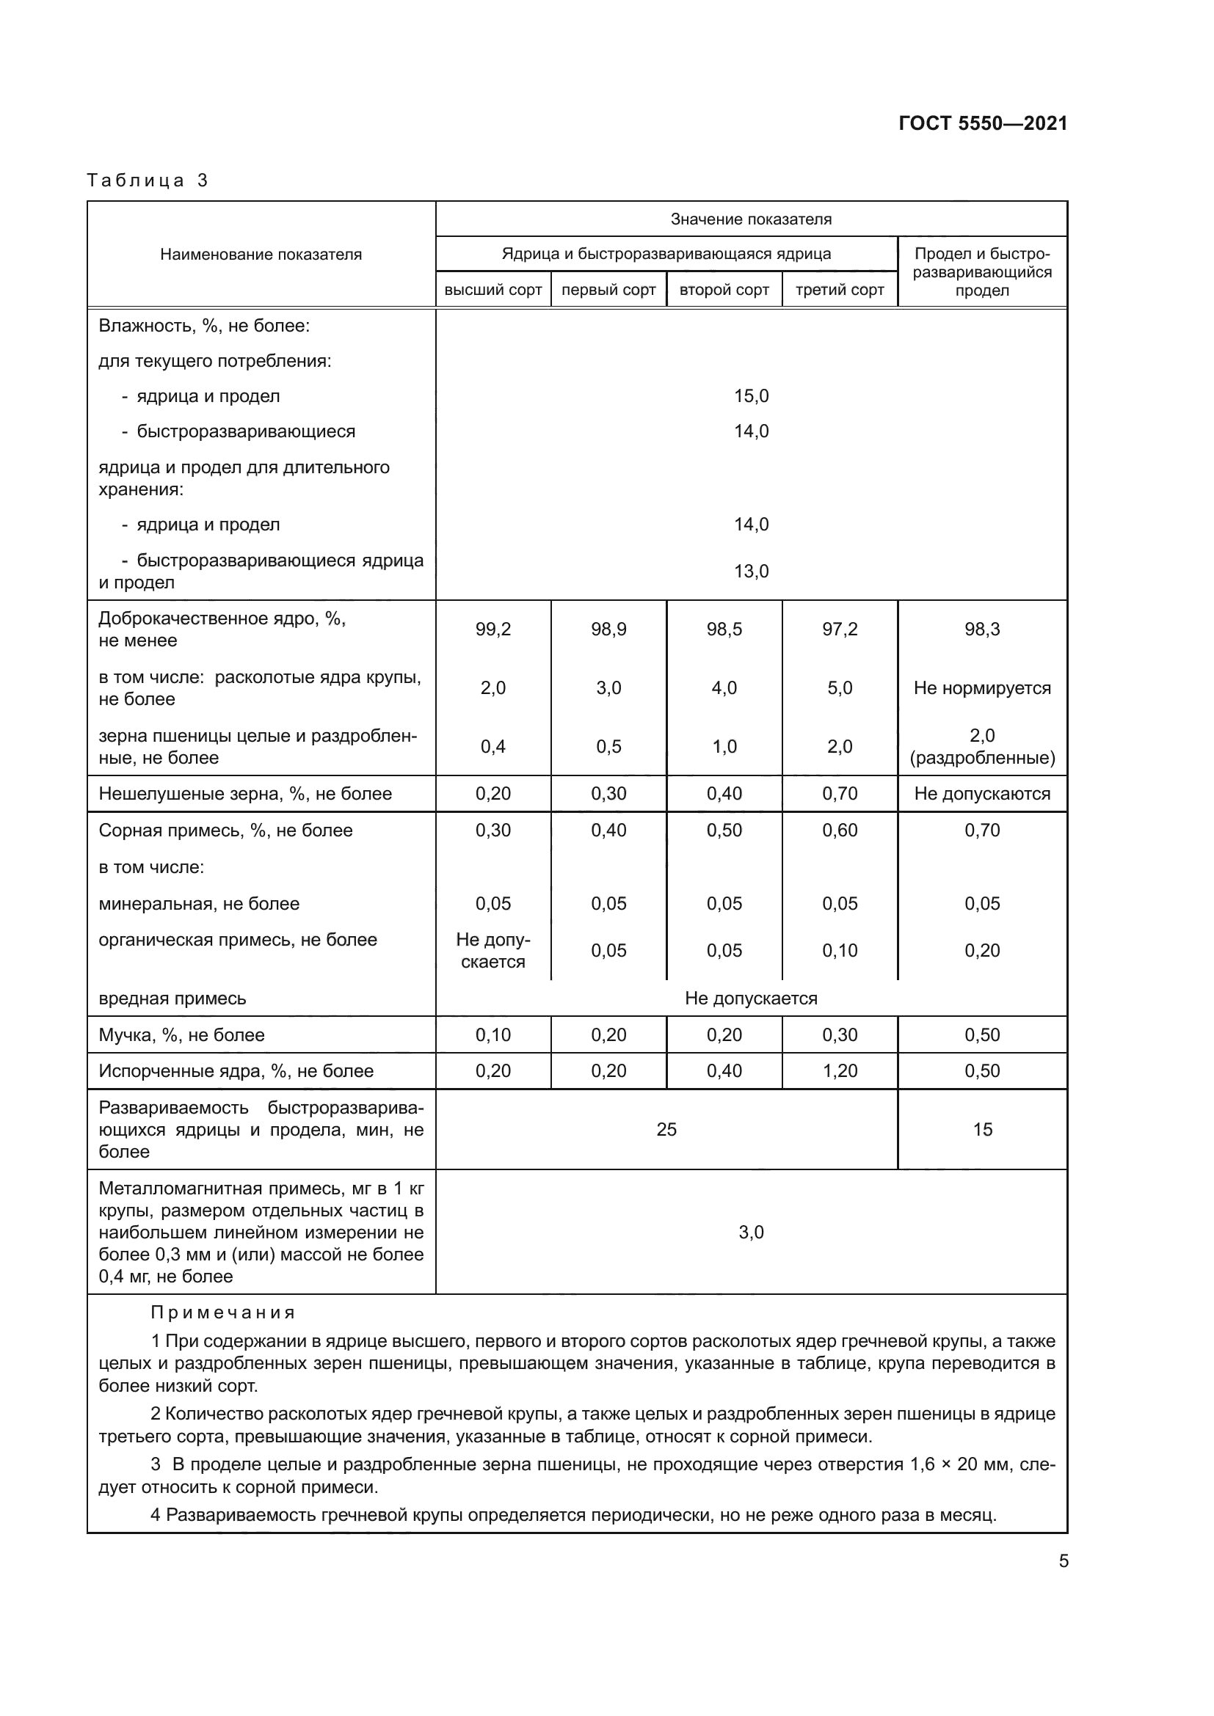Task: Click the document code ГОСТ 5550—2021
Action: coord(982,123)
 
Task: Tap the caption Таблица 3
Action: coord(148,180)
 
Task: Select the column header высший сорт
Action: coord(492,290)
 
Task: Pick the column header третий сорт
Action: coord(840,290)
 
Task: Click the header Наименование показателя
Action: coord(261,255)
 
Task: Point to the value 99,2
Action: coord(492,629)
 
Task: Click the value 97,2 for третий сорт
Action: coord(840,629)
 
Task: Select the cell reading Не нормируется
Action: coord(981,688)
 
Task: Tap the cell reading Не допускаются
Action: coord(981,794)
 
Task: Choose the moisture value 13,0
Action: coord(751,572)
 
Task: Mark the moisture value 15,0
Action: coord(751,396)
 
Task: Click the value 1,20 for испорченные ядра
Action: coord(840,1071)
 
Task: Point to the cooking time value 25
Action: coord(666,1129)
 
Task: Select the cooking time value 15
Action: coord(981,1129)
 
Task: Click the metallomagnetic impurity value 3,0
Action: coord(751,1233)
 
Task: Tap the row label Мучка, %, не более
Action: coord(181,1035)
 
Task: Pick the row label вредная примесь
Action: coord(172,998)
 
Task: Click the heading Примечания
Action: coord(223,1312)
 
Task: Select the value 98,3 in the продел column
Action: coord(981,629)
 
